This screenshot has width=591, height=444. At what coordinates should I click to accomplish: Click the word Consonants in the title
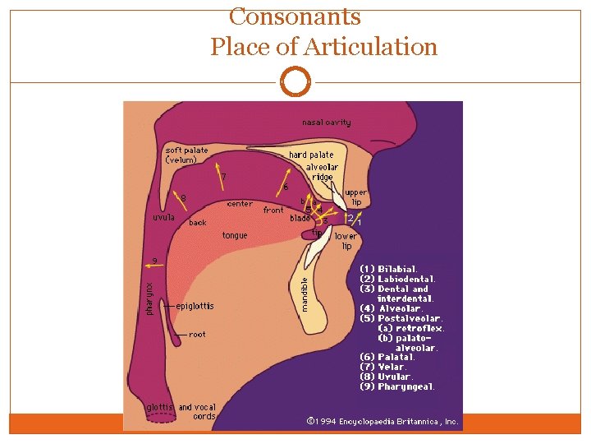295,16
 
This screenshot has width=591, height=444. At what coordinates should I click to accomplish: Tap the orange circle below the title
295,82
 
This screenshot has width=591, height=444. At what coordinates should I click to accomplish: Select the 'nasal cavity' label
326,123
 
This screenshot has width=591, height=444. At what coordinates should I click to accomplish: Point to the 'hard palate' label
311,155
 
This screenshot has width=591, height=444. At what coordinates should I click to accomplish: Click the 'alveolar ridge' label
322,172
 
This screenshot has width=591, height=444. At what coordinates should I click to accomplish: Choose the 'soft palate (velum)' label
186,155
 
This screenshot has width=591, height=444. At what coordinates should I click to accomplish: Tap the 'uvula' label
163,217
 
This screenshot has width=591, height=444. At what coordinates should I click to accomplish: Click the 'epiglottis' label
195,306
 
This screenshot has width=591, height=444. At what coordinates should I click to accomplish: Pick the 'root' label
197,335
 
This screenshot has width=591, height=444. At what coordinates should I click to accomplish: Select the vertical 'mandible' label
304,294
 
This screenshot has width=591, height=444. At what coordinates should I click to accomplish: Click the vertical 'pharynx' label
149,298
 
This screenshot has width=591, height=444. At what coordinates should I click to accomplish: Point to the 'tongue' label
235,235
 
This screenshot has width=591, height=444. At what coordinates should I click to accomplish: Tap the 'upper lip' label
356,197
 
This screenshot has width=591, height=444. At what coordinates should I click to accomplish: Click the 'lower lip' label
346,241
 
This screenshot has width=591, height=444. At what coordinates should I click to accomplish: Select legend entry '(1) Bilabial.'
389,269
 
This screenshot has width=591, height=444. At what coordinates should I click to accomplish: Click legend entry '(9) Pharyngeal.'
397,386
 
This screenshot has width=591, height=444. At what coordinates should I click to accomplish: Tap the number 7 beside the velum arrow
224,176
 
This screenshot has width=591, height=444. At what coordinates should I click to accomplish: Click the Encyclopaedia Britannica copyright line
383,421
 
